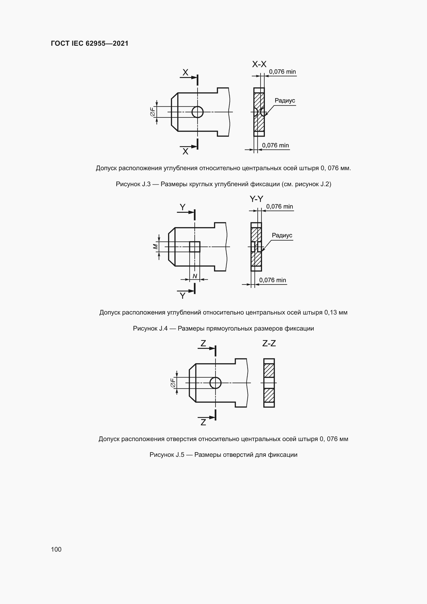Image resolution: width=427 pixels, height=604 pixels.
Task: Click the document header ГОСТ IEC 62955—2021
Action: [x=89, y=43]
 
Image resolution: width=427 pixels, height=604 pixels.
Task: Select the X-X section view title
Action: [x=259, y=64]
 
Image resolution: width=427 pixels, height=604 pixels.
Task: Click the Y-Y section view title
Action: [x=256, y=199]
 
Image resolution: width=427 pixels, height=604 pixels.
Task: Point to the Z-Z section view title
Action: [x=269, y=343]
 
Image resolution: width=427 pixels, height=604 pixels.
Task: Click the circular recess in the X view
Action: [x=197, y=112]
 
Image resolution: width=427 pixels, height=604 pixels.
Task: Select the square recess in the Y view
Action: [x=195, y=247]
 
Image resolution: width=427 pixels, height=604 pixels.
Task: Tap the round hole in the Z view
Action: [x=215, y=383]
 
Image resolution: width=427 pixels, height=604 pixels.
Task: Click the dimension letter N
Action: [x=195, y=276]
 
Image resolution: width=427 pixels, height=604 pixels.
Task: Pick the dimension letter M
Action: [x=155, y=247]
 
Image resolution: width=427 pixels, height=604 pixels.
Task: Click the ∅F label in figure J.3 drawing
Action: [x=152, y=112]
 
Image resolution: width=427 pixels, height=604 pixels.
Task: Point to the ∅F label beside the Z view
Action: [x=173, y=383]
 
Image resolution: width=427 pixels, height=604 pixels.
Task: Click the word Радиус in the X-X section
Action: [x=285, y=100]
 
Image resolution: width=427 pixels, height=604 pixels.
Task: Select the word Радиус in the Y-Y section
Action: [x=282, y=235]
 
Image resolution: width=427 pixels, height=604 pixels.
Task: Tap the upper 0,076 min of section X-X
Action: [x=282, y=72]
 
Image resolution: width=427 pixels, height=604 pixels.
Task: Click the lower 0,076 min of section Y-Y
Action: [x=272, y=280]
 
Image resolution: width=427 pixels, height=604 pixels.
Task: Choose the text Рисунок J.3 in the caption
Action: [x=133, y=184]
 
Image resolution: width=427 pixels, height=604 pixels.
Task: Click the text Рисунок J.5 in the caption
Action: [x=167, y=455]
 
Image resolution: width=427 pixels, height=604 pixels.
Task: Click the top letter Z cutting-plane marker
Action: [x=203, y=343]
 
